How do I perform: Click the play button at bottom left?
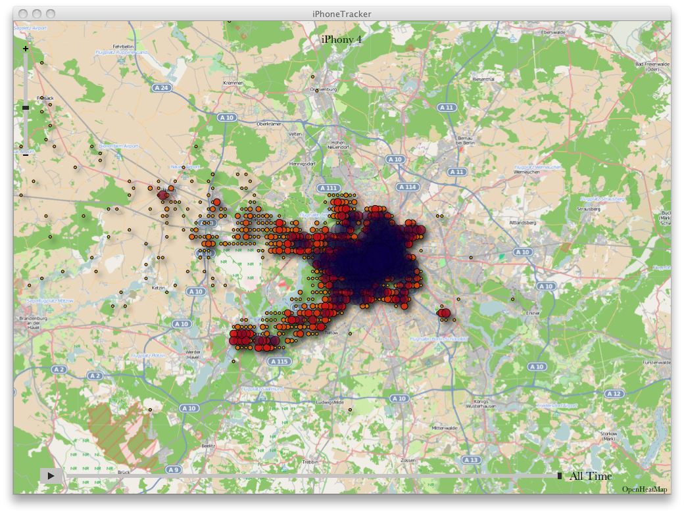(51, 475)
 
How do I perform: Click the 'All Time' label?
(591, 476)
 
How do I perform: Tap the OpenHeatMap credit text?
(645, 489)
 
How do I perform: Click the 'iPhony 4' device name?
(341, 39)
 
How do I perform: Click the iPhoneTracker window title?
(341, 13)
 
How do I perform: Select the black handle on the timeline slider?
(560, 475)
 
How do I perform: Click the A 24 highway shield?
(161, 87)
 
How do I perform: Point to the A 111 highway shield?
(328, 188)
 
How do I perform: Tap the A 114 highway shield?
(407, 187)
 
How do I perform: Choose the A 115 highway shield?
(279, 362)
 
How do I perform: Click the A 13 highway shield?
(471, 459)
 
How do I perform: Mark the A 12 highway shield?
(614, 394)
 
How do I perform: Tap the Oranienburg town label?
(324, 89)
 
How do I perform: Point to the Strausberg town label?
(588, 209)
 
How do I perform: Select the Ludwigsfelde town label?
(330, 402)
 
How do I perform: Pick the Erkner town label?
(533, 313)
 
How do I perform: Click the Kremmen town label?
(233, 83)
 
